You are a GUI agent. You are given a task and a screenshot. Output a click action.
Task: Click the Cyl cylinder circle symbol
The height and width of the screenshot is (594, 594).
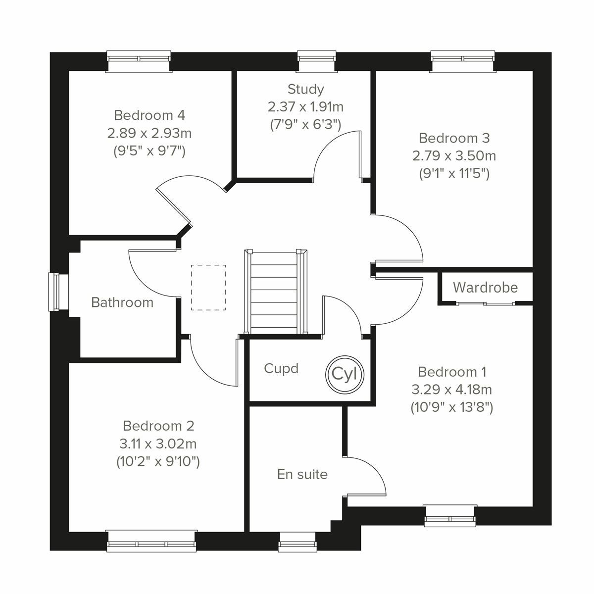(345, 374)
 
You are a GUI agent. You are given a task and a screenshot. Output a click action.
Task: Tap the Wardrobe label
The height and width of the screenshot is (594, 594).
(485, 288)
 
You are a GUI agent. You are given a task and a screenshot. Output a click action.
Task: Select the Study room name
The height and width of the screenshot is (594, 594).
(306, 89)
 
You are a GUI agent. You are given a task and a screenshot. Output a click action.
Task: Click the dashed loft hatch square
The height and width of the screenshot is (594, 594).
(208, 288)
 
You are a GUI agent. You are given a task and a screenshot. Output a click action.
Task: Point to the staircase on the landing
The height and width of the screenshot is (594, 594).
(276, 292)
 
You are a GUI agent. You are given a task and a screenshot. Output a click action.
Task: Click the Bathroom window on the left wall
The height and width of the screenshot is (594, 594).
(54, 292)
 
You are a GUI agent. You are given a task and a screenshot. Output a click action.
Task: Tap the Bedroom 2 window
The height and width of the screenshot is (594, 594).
(151, 541)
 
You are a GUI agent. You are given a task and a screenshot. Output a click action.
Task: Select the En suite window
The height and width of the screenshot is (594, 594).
(297, 543)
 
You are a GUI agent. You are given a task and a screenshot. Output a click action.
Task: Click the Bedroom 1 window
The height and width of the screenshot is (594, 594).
(450, 515)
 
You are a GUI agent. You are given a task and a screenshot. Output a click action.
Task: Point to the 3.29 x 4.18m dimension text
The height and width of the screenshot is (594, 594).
(451, 390)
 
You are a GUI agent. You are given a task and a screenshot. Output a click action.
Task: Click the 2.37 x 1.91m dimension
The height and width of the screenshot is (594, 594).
(305, 107)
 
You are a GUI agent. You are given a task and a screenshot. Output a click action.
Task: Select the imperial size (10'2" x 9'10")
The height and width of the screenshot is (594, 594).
(158, 462)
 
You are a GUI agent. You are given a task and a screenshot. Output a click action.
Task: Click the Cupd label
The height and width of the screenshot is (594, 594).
(281, 369)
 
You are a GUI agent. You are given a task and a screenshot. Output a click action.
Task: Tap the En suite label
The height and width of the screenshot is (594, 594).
(302, 474)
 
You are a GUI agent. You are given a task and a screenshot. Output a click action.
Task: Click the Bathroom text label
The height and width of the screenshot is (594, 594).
(122, 302)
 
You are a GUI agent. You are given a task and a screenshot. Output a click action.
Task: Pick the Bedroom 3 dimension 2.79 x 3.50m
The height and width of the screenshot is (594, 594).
(454, 156)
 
